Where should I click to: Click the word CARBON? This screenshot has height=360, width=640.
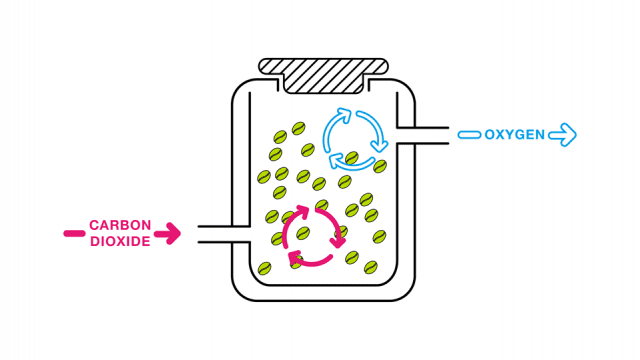tap(120, 225)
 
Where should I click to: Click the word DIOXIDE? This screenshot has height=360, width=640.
tap(120, 241)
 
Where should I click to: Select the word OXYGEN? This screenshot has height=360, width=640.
tap(514, 135)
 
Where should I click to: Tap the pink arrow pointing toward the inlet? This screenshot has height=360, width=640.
tap(167, 234)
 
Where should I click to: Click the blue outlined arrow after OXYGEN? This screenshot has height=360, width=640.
tap(562, 135)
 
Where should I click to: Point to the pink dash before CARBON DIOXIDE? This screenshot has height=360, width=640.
tap(74, 234)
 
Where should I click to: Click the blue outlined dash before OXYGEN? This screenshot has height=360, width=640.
tap(469, 135)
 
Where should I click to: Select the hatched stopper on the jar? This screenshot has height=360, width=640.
tap(323, 76)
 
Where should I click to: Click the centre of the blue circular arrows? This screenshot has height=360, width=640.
tap(355, 139)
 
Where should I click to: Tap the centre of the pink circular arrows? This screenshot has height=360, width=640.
tap(314, 237)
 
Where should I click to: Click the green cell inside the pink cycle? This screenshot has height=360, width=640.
tap(303, 233)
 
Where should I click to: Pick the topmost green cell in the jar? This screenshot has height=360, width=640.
tap(298, 128)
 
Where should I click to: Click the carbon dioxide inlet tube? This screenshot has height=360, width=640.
tap(224, 234)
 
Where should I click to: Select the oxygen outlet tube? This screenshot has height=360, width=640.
tap(423, 136)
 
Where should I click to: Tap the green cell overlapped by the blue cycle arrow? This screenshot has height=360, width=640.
tap(352, 158)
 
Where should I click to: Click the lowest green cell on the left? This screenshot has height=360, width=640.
tap(264, 268)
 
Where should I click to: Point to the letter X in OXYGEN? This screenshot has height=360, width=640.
tap(500, 135)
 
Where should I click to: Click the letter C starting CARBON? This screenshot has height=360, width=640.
tap(94, 225)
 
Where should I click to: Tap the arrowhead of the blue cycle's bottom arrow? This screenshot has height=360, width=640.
tap(336, 160)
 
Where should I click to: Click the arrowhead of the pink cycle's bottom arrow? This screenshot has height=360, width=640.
tap(295, 258)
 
